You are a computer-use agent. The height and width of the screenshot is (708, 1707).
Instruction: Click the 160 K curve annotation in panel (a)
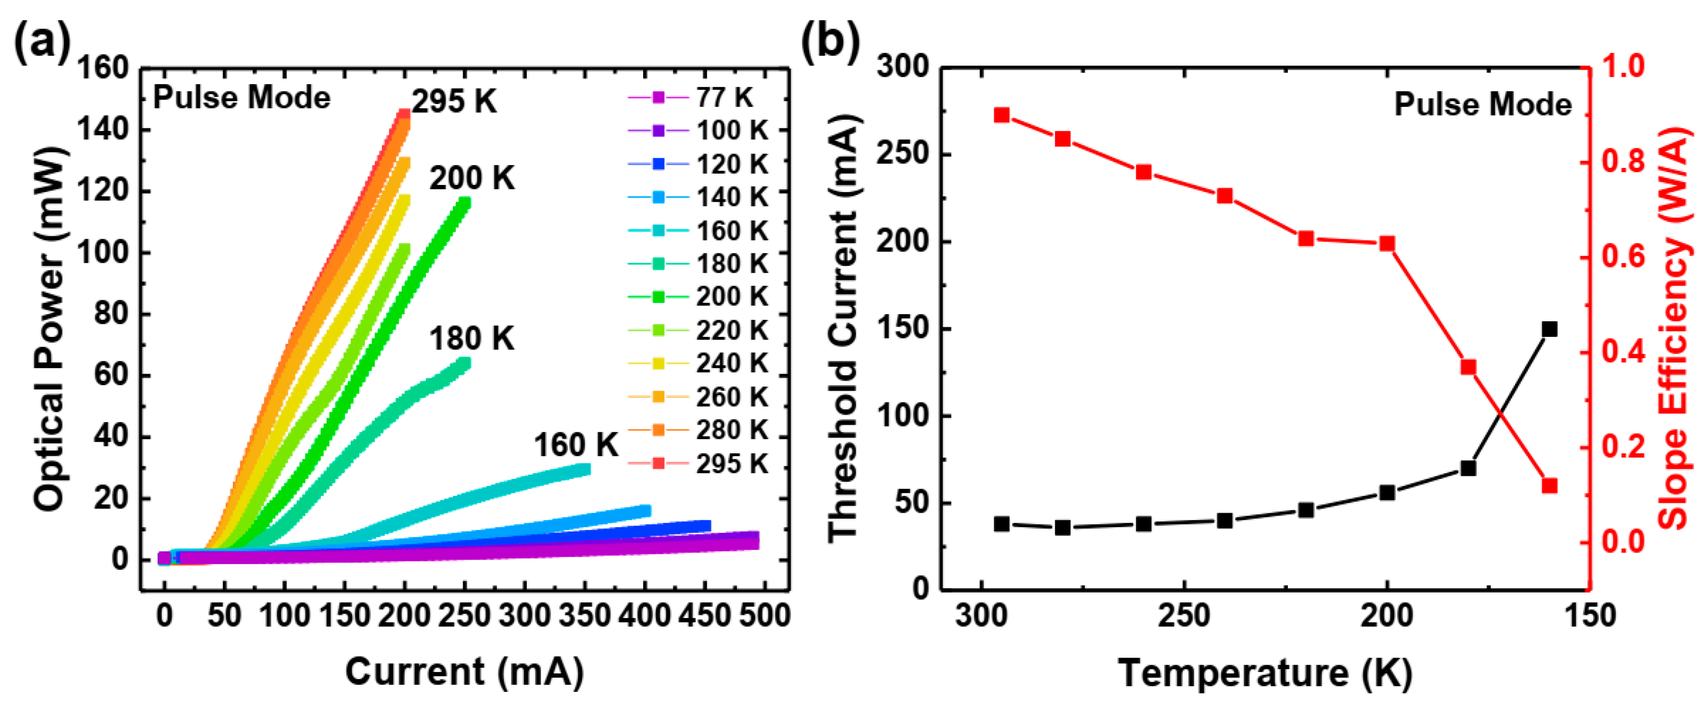(575, 445)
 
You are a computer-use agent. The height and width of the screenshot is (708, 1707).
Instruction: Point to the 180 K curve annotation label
(471, 339)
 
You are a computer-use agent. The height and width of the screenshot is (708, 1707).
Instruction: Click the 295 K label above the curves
(454, 102)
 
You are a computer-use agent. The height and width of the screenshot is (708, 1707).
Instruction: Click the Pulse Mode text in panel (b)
(1482, 105)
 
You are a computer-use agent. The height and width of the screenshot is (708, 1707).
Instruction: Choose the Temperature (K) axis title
(1264, 673)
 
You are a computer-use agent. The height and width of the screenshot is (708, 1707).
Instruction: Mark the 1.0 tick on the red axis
(1623, 66)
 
